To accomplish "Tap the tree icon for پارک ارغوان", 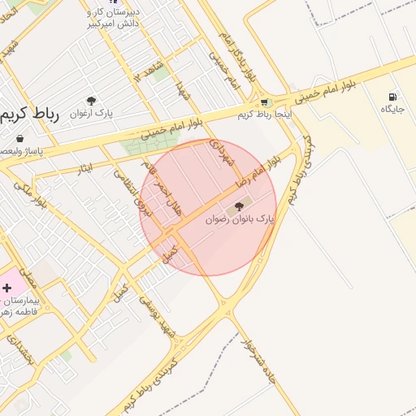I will (91, 102).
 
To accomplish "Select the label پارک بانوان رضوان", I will (240, 219).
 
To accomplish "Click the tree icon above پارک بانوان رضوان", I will (238, 206).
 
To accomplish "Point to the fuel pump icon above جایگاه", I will (393, 97).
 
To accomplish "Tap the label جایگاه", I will (392, 109).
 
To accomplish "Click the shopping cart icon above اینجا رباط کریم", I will (264, 102).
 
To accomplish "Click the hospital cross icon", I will (7, 288).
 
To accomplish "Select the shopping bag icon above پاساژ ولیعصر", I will (19, 139).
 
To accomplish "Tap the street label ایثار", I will (83, 168).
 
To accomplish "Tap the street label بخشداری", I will (19, 349).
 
